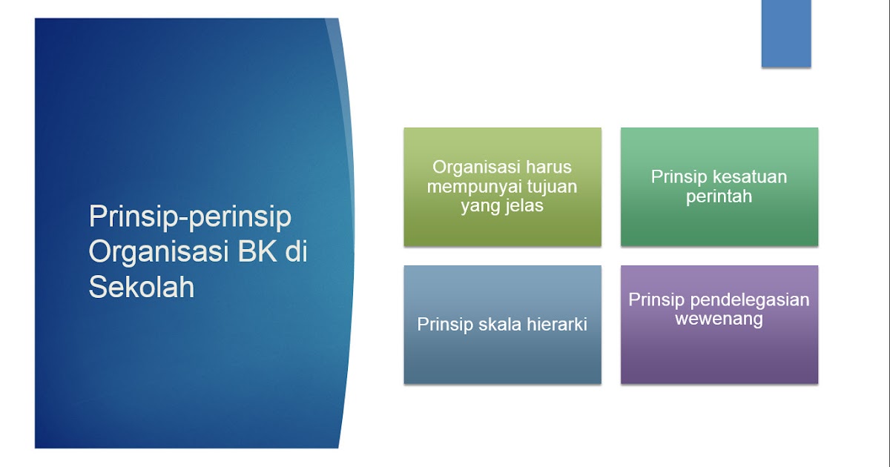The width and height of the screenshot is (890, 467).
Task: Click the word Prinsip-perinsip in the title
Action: [x=190, y=217]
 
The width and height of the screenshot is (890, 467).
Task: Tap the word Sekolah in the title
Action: [x=142, y=287]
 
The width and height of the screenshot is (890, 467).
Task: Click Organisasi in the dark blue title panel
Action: [x=159, y=253]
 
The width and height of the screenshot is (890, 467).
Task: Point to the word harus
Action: [x=549, y=167]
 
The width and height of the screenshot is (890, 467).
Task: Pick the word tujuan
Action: [x=553, y=188]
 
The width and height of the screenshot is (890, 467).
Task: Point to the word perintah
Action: [x=719, y=196]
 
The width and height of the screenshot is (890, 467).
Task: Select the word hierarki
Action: [x=557, y=324]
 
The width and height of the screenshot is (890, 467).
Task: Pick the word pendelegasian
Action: [x=750, y=300]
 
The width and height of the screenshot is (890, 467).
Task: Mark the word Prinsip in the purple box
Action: [x=656, y=300]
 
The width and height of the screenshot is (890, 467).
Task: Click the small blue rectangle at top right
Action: [x=786, y=34]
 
